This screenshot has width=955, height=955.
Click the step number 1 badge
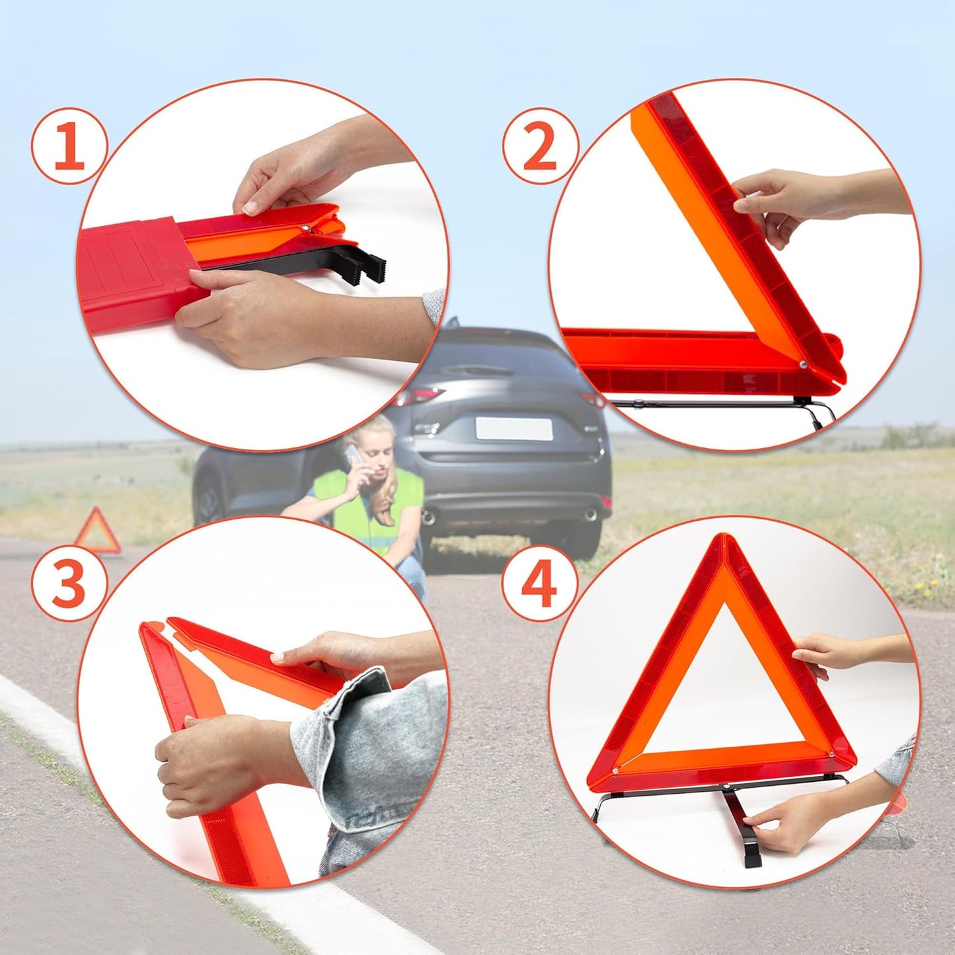coord(69,147)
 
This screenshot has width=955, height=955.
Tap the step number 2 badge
coord(540,147)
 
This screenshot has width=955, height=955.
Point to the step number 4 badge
coord(539,584)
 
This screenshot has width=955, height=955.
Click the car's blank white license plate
coord(514,428)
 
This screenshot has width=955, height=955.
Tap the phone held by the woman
coord(353,456)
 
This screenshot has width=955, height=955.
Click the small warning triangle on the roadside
coord(98,533)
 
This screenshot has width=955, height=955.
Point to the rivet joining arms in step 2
coord(802,364)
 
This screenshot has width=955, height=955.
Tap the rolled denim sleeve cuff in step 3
coord(357,701)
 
